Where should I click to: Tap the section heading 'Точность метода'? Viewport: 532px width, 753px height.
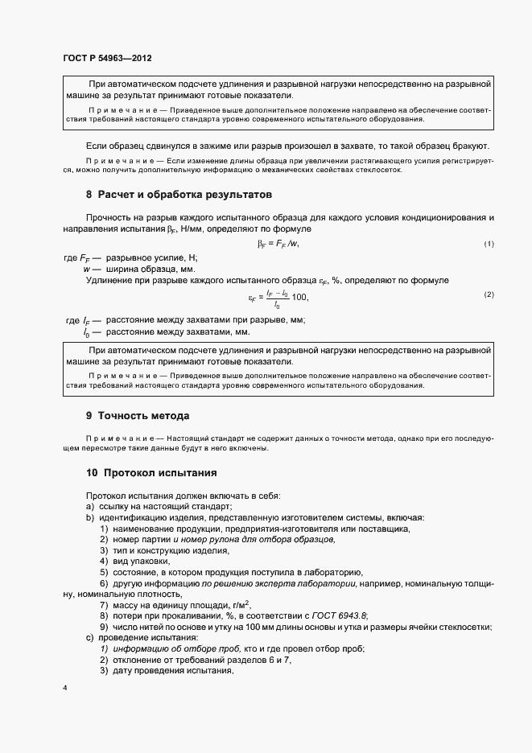[143, 416]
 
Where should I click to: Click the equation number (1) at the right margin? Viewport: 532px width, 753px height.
[489, 244]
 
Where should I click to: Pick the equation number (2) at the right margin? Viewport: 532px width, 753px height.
[489, 294]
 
